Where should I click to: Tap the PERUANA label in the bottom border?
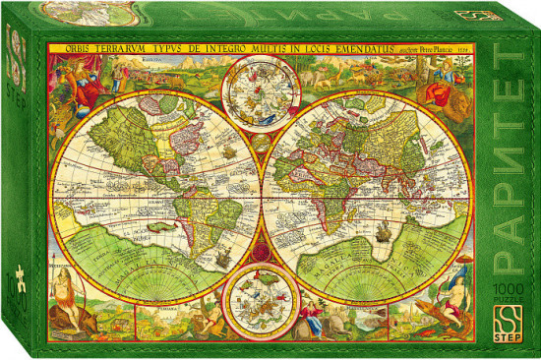tap(157, 333)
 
